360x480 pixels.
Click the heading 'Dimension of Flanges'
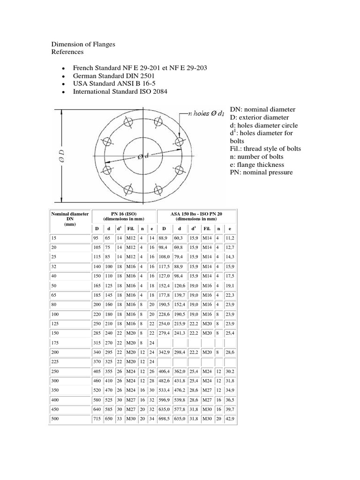[x=83, y=44]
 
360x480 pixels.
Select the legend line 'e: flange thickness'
[x=259, y=165]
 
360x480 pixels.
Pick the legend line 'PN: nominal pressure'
[x=261, y=172]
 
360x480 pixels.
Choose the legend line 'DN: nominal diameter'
[x=263, y=109]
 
